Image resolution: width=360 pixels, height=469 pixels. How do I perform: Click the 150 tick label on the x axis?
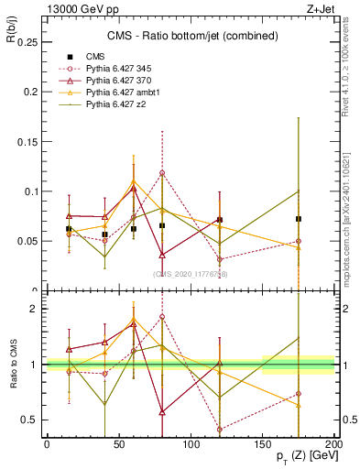click(264, 444)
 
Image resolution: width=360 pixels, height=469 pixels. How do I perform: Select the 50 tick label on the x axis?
click(119, 444)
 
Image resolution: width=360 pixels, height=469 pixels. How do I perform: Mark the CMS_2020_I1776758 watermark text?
click(191, 274)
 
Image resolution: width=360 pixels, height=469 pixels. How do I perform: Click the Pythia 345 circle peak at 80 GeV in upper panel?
click(162, 172)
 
